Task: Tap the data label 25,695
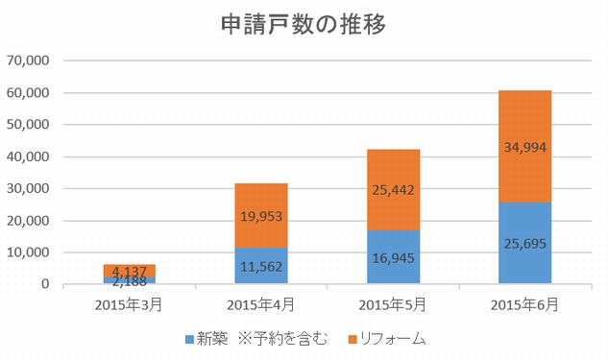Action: pyautogui.click(x=524, y=243)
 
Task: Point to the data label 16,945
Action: pyautogui.click(x=393, y=257)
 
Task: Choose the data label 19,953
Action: pyautogui.click(x=260, y=217)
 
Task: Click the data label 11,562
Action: pyautogui.click(x=260, y=266)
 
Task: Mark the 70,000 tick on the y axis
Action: pyautogui.click(x=28, y=61)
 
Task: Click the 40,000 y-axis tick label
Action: pyautogui.click(x=28, y=157)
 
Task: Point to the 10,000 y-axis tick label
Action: pyautogui.click(x=28, y=252)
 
